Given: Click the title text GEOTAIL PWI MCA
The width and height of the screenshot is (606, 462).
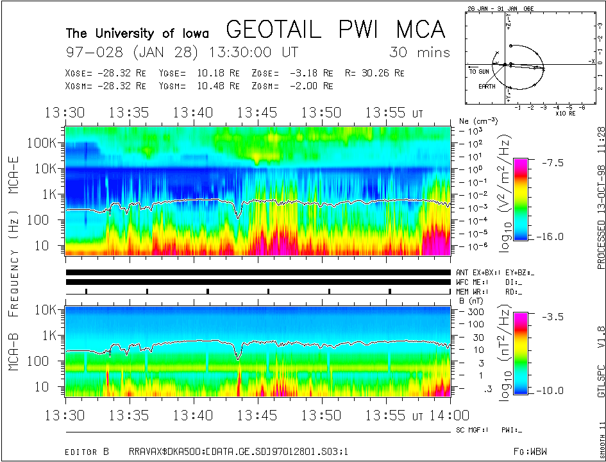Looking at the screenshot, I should point(335,30).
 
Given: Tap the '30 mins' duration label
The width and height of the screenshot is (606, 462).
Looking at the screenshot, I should point(419,52).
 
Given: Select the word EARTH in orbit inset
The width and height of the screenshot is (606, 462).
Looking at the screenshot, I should point(487,85).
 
